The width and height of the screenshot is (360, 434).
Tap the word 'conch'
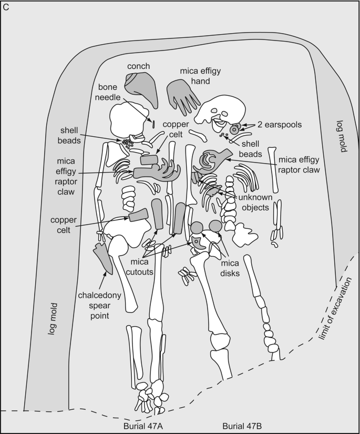click(138, 66)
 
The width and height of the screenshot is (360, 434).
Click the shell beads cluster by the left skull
click(127, 142)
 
